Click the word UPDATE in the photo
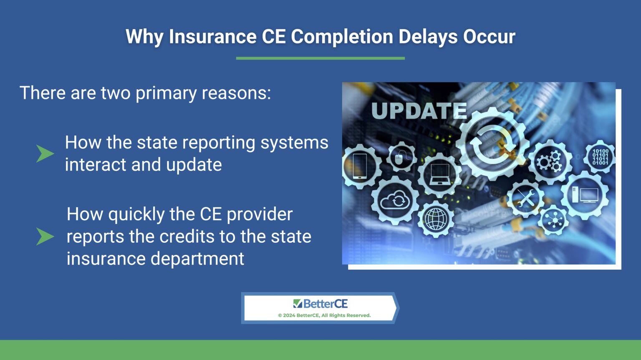click(419, 111)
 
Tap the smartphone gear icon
click(360, 166)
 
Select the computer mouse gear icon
click(401, 158)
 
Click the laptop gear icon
click(439, 174)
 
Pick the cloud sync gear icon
click(395, 201)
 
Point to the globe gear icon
click(436, 219)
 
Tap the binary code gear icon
click(600, 157)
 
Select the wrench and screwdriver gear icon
click(525, 198)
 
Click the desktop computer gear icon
click(585, 195)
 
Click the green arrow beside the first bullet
click(45, 154)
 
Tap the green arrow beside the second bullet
click(45, 237)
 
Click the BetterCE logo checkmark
click(297, 303)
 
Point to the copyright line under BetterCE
click(324, 315)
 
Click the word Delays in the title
click(428, 37)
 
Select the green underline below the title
click(320, 58)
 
